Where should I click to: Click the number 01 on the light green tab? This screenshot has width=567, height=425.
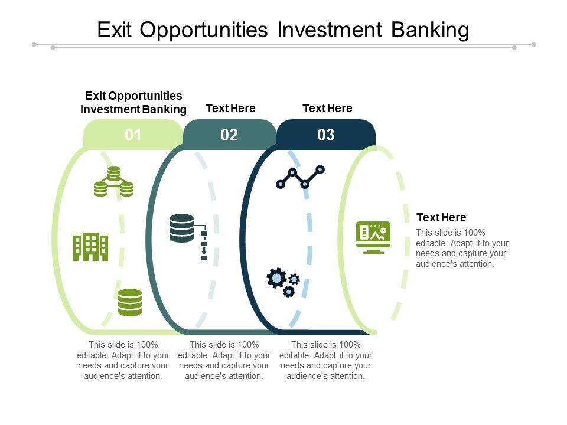133,135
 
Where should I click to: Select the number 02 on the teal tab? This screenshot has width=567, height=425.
229,135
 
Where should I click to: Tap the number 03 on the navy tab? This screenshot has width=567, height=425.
326,135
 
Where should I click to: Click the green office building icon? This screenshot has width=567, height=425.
90,246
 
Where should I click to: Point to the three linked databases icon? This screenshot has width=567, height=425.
113,182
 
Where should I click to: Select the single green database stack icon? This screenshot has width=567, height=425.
130,302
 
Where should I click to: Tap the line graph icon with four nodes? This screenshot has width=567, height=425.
301,176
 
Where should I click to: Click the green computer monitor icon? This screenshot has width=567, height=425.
373,237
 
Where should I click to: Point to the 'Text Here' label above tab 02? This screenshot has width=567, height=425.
230,108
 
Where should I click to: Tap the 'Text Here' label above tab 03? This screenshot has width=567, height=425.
327,108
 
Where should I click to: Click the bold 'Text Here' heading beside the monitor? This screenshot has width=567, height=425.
441,217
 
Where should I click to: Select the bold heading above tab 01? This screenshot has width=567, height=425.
133,102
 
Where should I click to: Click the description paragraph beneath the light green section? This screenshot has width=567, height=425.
123,360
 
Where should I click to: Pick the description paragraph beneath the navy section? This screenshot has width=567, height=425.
325,360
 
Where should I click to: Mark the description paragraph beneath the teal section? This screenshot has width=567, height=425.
224,360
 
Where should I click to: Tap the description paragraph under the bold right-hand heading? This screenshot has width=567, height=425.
462,248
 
